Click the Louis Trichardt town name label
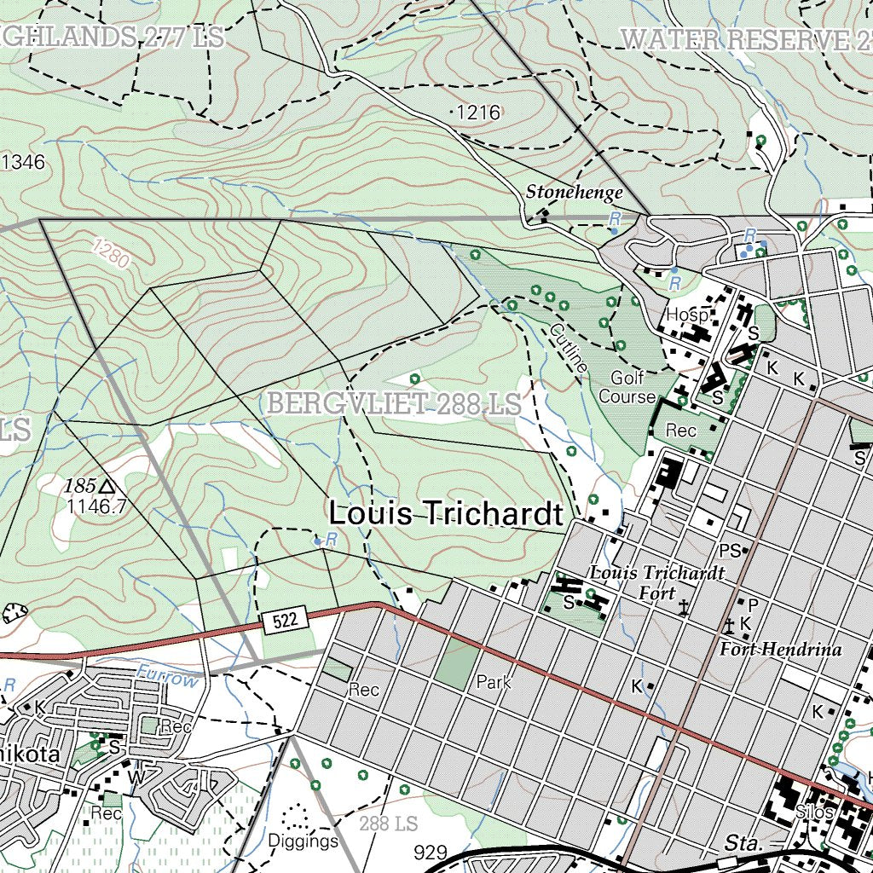tap(446, 514)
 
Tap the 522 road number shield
tap(285, 621)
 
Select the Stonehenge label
tap(574, 192)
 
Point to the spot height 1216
tap(477, 113)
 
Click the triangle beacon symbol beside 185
tap(107, 486)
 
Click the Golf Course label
tap(627, 387)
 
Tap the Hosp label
tap(687, 315)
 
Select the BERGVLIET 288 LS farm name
tap(394, 404)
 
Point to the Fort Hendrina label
tap(780, 650)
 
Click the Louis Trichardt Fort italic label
tap(656, 582)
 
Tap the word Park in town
tap(493, 682)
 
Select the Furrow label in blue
tap(167, 679)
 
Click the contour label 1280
tap(111, 253)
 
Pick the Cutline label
tap(569, 347)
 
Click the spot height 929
tap(431, 853)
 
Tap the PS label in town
tap(730, 551)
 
